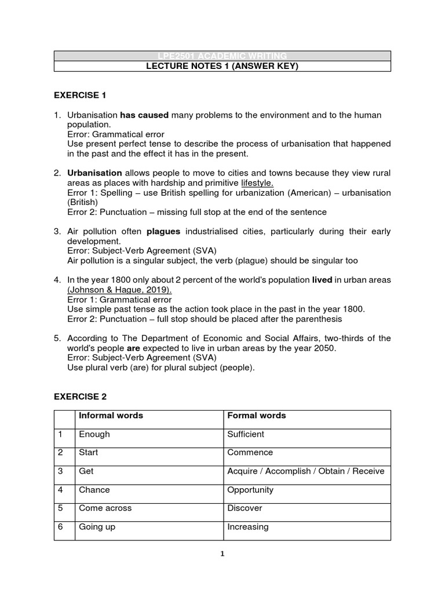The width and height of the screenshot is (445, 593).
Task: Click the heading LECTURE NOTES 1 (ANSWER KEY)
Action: point(222,67)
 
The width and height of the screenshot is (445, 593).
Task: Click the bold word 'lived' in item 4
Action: point(322,280)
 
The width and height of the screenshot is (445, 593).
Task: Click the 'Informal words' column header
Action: point(111,416)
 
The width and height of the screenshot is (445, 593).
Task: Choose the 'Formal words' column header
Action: point(256,416)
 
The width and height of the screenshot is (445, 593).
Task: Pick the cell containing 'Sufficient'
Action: point(246,434)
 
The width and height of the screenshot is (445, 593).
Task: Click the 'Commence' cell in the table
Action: point(250,453)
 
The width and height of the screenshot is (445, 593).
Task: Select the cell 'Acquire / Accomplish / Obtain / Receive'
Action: point(305,471)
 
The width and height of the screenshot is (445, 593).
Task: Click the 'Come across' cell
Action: point(105,508)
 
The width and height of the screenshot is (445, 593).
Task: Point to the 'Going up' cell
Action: point(97,527)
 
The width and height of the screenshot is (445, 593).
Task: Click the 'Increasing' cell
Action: point(247,527)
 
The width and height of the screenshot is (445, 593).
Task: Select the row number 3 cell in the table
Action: point(64,471)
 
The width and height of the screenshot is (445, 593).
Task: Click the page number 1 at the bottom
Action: point(222,554)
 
